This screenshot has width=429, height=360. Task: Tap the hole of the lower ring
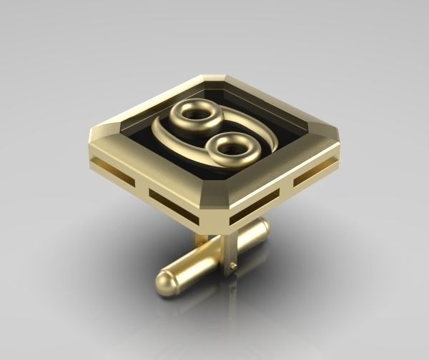coord(230,148)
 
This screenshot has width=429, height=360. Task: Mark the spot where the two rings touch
coord(211,131)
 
